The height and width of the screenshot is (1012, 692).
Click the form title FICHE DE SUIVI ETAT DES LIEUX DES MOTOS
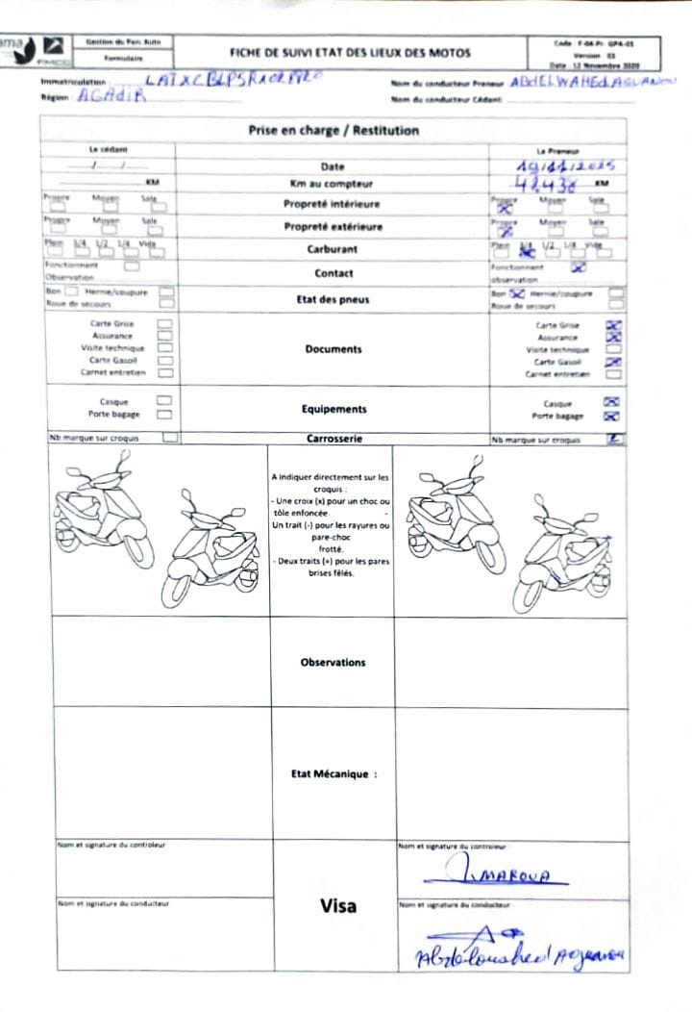[349, 54]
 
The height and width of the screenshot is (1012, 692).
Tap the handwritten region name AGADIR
[111, 97]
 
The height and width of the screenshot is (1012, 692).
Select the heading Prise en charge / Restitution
[334, 131]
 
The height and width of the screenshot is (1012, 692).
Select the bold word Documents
[333, 349]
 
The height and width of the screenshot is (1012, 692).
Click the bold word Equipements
[334, 409]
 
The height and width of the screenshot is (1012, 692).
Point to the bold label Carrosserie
[333, 439]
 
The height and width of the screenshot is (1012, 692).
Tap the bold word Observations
[333, 663]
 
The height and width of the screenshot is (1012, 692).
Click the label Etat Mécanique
[334, 773]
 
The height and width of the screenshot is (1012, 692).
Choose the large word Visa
[336, 905]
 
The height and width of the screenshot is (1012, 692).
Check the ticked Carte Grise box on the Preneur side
[614, 325]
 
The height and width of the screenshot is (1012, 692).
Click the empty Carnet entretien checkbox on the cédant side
[165, 373]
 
